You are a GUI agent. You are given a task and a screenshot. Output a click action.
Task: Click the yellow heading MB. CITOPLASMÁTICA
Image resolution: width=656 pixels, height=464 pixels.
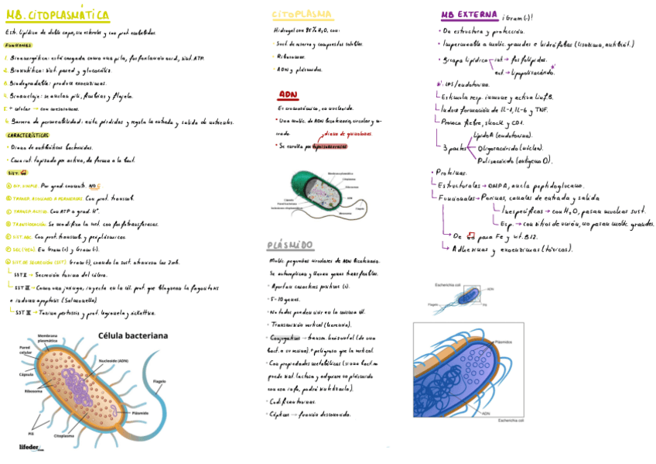click(x=56, y=15)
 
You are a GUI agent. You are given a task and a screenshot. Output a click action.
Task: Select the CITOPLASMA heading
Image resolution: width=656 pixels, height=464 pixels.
click(x=302, y=15)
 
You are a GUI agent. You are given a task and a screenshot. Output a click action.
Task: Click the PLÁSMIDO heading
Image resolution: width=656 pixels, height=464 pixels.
click(x=290, y=246)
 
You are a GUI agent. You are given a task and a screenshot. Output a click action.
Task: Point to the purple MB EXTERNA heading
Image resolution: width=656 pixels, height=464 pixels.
click(x=470, y=15)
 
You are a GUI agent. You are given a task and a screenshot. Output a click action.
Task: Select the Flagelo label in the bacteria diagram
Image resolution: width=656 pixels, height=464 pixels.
click(x=159, y=380)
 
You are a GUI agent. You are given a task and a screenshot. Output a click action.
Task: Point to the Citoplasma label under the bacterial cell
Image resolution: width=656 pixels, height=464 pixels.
click(x=64, y=436)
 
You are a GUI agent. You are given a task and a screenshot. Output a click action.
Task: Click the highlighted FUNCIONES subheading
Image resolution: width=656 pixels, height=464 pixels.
click(x=18, y=46)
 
